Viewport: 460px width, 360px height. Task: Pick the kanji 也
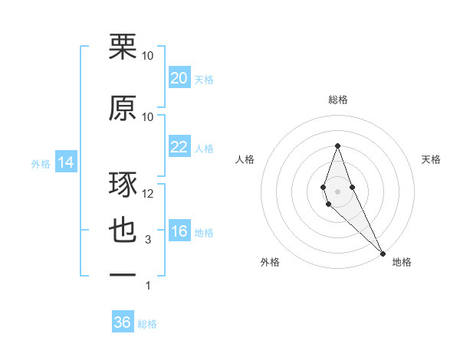[x=123, y=231]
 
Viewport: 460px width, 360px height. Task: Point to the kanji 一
[x=123, y=275]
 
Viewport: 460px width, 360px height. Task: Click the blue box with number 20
[x=179, y=78]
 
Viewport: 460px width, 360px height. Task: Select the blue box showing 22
[x=179, y=147]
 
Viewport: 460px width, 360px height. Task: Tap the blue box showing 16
[x=179, y=232]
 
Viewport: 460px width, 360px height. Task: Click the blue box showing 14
[x=65, y=162]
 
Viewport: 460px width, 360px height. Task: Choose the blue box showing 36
[x=123, y=322]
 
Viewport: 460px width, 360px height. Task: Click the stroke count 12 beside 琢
[x=148, y=194]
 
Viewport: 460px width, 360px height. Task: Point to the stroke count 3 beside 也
[x=148, y=240]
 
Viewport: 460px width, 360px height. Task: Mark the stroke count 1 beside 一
[x=148, y=286]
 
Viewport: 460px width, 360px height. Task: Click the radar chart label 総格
[x=337, y=100]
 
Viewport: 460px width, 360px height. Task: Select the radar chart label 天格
[x=431, y=159]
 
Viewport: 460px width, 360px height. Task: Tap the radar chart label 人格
[x=245, y=159]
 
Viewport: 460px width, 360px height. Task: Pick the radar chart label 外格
[x=270, y=262]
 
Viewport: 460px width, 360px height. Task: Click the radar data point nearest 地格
[x=383, y=251]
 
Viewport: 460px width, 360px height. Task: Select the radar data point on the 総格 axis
[x=337, y=146]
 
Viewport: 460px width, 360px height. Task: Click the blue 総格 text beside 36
[x=147, y=324]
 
